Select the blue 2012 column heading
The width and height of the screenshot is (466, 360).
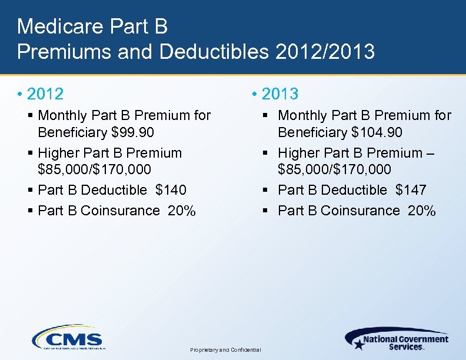point(45,94)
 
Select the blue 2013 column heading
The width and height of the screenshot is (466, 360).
point(280,94)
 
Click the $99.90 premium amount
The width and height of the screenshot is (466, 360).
point(128,132)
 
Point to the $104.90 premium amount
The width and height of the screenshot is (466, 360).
point(377,132)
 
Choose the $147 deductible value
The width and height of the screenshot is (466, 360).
point(411,190)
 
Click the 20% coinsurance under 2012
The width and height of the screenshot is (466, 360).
point(182,211)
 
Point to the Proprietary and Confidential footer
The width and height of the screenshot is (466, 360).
point(225,350)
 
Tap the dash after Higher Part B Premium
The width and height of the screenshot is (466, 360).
point(430,153)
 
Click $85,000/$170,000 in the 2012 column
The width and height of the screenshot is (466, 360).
point(94,170)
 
